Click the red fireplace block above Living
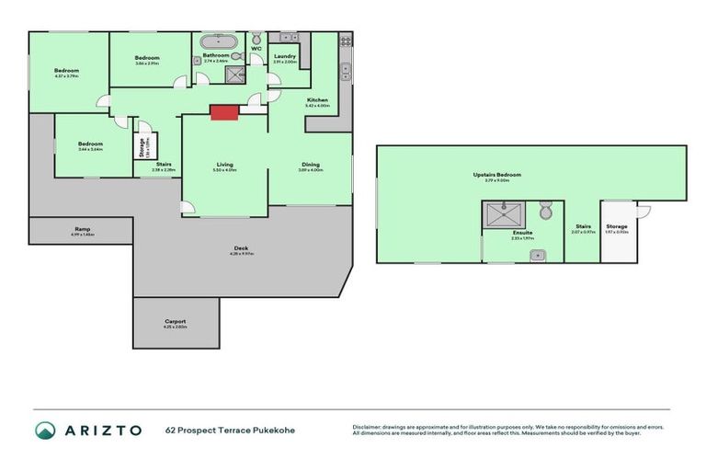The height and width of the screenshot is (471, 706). coord(224,111)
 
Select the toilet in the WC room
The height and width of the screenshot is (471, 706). coord(256,38)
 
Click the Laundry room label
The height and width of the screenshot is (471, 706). coord(285,57)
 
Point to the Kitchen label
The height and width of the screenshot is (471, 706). coord(317,99)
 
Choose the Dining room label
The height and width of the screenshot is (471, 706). coord(311,164)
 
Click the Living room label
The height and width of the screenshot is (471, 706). coord(224,164)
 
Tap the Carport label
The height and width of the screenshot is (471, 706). coord(175,321)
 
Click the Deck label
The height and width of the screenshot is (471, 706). coord(241,248)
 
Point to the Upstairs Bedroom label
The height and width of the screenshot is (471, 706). coord(496,174)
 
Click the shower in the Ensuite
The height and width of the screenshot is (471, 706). coord(504,214)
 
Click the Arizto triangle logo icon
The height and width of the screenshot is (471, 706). coord(45,430)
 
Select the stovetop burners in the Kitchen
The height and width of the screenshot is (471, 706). coord(345,40)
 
